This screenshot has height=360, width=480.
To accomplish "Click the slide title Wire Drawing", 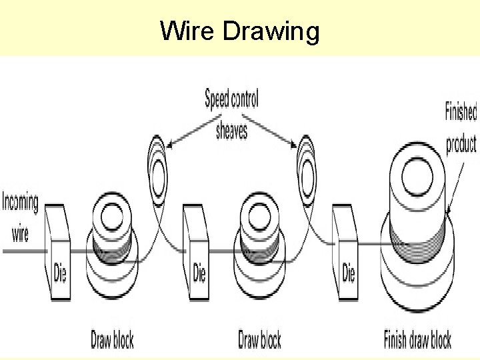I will (240, 31).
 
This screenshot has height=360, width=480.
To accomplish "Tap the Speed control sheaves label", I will (231, 115).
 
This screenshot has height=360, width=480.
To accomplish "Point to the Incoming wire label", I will (20, 217).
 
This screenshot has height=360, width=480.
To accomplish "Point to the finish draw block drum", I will (417, 220).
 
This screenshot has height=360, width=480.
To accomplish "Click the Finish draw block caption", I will (417, 341).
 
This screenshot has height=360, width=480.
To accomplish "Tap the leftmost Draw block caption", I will (112, 341).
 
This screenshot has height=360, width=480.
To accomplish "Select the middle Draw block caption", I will (259, 341).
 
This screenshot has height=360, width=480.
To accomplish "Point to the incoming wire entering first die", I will (23, 251).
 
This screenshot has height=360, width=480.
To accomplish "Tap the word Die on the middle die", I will (199, 273).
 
